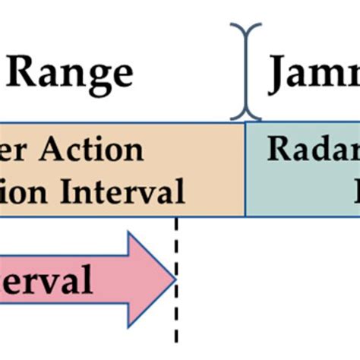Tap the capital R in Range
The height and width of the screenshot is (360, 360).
(x=27, y=74)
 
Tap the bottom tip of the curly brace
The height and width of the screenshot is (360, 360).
(x=245, y=118)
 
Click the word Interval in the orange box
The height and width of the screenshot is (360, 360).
(x=125, y=191)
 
